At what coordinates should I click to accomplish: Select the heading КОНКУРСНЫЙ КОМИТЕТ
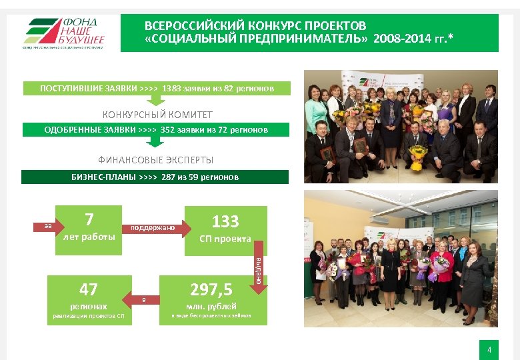click(x=157, y=115)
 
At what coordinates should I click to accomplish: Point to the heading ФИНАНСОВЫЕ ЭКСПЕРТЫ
click(x=156, y=160)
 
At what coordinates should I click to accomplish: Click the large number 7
click(x=89, y=219)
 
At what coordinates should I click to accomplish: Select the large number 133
click(x=225, y=221)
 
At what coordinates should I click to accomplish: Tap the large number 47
click(x=88, y=289)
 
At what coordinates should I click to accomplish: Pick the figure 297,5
click(x=211, y=289)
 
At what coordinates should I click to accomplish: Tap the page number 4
click(x=489, y=349)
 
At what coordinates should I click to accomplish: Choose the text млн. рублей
click(x=211, y=307)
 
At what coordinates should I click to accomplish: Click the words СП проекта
click(x=225, y=239)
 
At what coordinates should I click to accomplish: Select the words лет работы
click(x=88, y=237)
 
